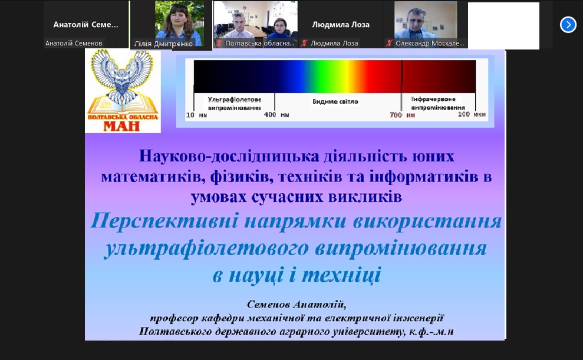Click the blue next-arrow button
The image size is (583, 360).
tap(568, 25)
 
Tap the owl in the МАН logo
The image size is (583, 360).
tap(122, 76)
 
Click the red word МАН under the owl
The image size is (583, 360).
tap(121, 126)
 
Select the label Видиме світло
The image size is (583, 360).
tap(335, 101)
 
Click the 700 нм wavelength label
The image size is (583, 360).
tap(402, 115)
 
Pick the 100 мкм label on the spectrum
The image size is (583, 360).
tap(472, 114)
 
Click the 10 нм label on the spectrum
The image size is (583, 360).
tap(196, 115)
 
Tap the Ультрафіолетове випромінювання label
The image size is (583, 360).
tap(234, 104)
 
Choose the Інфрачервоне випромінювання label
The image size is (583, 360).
tap(437, 103)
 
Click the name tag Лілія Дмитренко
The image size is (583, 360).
tap(163, 44)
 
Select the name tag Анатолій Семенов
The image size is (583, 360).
tap(74, 43)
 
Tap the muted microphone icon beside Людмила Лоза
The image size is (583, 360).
tap(304, 43)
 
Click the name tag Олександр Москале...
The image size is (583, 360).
tap(430, 43)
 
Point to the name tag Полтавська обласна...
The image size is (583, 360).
tap(259, 43)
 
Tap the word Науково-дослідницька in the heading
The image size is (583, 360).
tap(229, 156)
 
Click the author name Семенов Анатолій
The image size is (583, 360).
tap(297, 305)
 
